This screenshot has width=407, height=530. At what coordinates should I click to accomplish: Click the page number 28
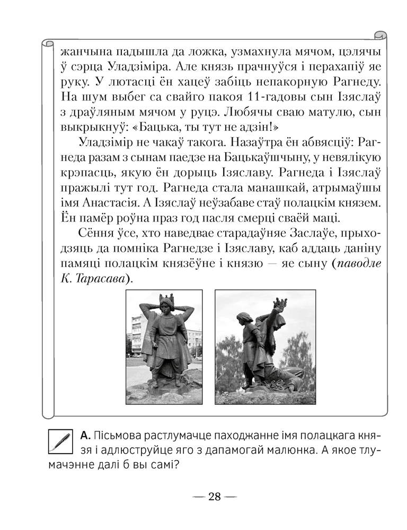[x=215, y=497]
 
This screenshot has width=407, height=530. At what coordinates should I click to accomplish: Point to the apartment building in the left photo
[x=139, y=334]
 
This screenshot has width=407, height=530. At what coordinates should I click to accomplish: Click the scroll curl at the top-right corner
[x=379, y=36]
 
